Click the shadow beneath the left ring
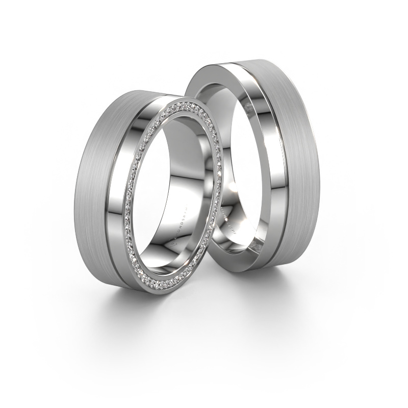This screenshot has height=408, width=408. tap(143, 301)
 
